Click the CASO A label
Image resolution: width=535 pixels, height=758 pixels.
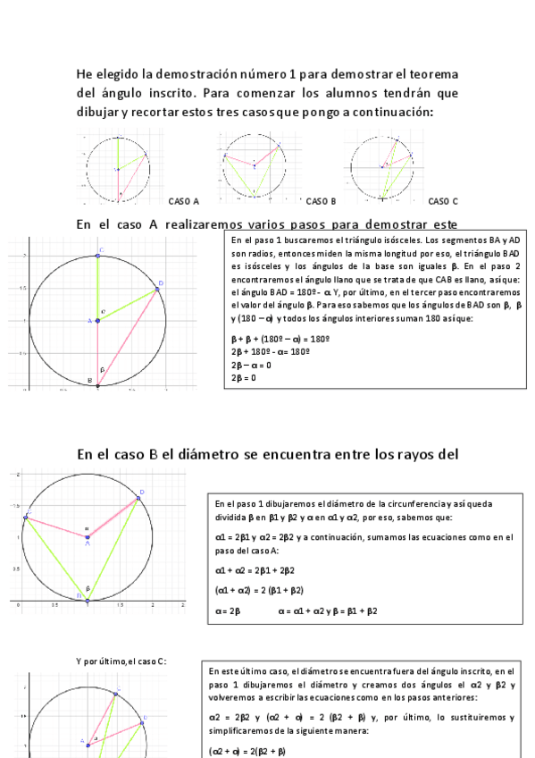coord(184,201)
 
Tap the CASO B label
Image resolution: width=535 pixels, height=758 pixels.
coord(321,201)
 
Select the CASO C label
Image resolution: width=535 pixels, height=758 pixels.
coord(443,201)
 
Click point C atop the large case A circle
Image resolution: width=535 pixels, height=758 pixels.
coord(98,256)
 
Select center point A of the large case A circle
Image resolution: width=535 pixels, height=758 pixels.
coord(97,320)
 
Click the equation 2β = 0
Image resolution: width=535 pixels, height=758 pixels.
coord(244,378)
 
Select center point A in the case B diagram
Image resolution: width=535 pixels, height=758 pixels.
coord(88,536)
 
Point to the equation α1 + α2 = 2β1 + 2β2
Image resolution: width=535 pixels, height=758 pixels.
coord(260,569)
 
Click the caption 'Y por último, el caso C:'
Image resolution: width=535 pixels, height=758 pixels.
coord(121,661)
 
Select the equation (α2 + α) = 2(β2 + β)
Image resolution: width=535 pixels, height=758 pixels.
coord(247,751)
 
